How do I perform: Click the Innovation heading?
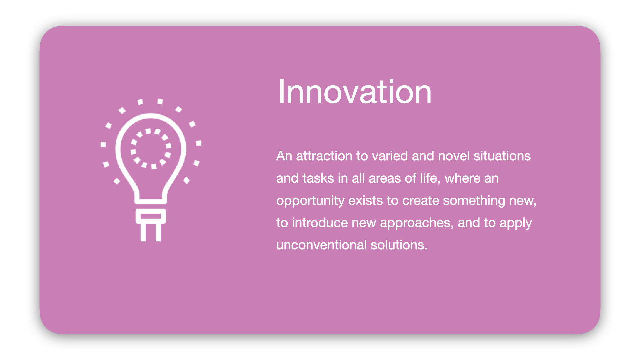click(x=355, y=92)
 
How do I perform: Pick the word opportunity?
click(x=310, y=201)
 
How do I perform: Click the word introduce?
click(x=320, y=223)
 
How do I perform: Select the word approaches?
click(x=416, y=223)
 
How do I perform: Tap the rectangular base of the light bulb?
click(x=151, y=216)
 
